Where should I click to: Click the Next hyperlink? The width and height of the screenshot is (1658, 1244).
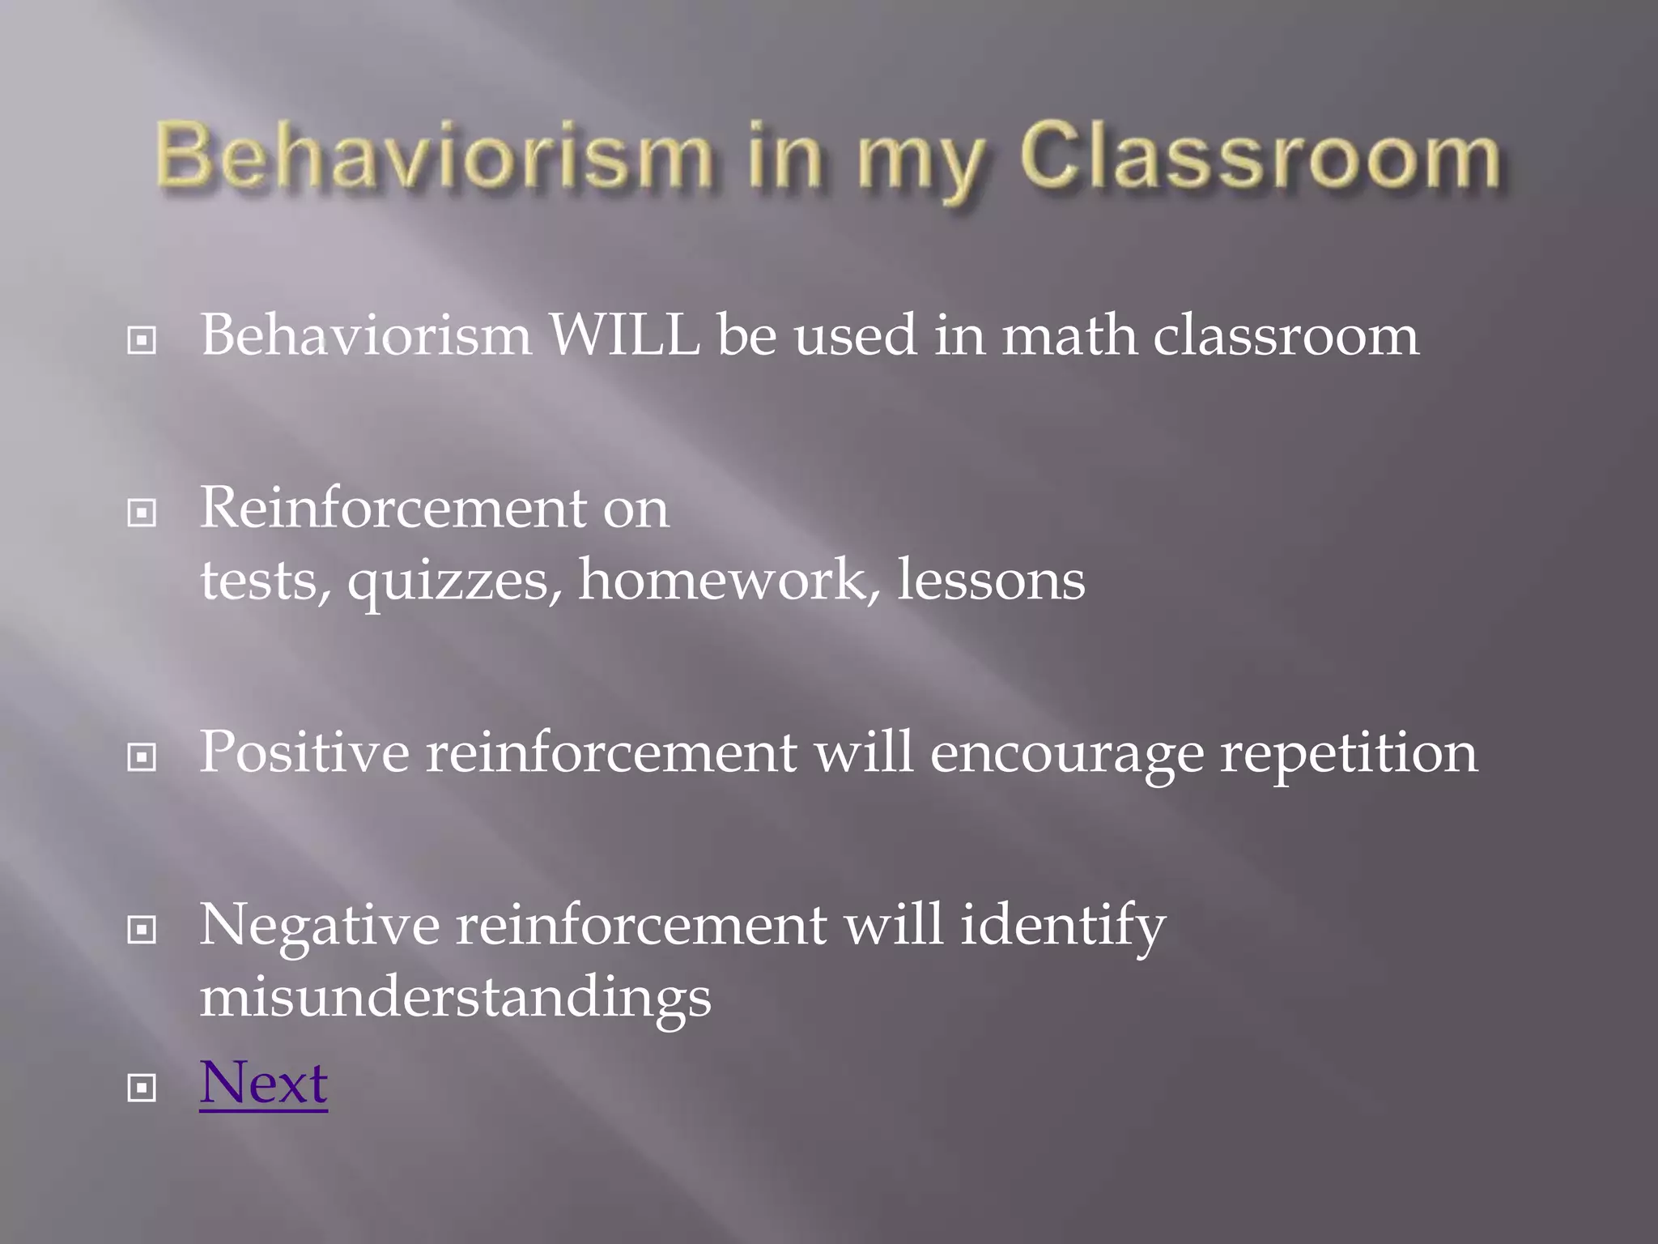point(263,1083)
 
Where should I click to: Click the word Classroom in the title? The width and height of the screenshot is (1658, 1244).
point(1260,157)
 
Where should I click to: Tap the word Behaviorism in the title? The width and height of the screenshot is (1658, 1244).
point(432,157)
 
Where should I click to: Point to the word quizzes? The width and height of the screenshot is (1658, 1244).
point(453,582)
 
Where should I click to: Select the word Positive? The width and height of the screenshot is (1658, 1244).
point(304,752)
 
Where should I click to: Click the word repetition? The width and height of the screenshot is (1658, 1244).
point(1348,754)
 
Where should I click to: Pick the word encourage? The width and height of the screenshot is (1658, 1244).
point(1066,754)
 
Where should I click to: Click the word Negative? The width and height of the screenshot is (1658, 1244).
point(319,925)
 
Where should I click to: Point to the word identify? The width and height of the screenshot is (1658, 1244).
point(1062,927)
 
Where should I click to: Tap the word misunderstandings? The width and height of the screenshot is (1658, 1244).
point(455,997)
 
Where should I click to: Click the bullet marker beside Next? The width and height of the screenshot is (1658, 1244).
point(142,1088)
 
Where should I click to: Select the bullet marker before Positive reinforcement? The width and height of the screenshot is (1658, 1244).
point(142,758)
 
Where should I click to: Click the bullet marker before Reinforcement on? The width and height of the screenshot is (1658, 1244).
point(142,513)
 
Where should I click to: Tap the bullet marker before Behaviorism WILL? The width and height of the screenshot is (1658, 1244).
point(142,340)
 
